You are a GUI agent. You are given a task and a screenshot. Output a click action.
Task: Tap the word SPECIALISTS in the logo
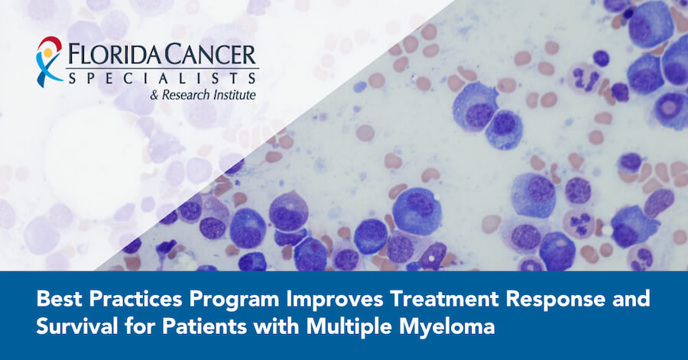[162, 78]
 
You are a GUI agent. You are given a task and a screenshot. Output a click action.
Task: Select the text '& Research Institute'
[203, 95]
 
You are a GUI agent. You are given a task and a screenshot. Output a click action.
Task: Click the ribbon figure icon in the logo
[49, 62]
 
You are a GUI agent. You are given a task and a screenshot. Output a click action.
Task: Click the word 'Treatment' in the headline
[443, 299]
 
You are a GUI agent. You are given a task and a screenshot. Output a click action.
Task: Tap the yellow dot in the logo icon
[48, 53]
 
